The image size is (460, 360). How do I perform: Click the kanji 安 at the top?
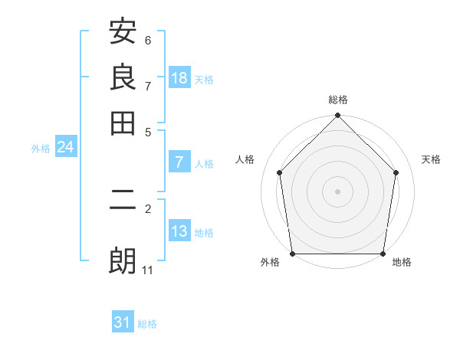pyautogui.click(x=123, y=33)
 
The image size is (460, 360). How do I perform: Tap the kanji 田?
pyautogui.click(x=123, y=122)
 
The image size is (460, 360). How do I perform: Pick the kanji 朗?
pyautogui.click(x=123, y=260)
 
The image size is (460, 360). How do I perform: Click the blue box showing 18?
pyautogui.click(x=179, y=77)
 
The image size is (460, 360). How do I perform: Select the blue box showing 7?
pyautogui.click(x=179, y=162)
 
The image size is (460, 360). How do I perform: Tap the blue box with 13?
pyautogui.click(x=179, y=231)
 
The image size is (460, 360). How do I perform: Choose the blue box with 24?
pyautogui.click(x=65, y=148)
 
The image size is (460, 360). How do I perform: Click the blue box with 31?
pyautogui.click(x=123, y=322)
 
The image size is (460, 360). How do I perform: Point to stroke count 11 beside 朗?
pyautogui.click(x=147, y=270)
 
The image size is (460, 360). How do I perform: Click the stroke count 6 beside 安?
pyautogui.click(x=148, y=40)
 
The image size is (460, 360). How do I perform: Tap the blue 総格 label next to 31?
pyautogui.click(x=147, y=324)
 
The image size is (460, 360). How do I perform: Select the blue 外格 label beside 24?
pyautogui.click(x=41, y=149)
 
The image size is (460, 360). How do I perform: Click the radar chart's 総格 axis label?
pyautogui.click(x=338, y=100)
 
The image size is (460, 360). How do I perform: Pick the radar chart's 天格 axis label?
pyautogui.click(x=432, y=159)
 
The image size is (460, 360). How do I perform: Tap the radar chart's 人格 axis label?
pyautogui.click(x=245, y=159)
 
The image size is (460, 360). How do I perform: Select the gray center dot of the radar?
pyautogui.click(x=338, y=191)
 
